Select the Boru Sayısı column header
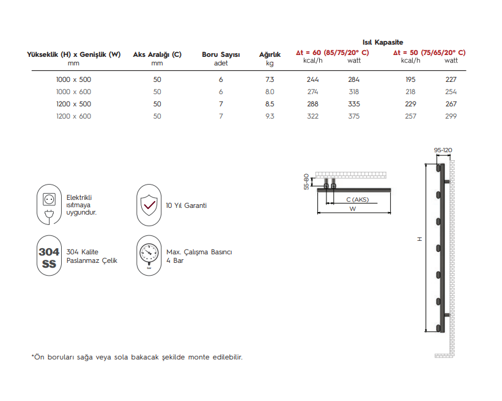click(221, 54)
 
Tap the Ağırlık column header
click(270, 54)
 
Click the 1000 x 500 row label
click(73, 79)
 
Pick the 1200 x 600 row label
click(73, 116)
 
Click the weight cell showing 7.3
click(270, 79)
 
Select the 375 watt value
click(353, 116)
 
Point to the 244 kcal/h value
click(312, 79)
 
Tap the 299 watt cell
click(451, 116)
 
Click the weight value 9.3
click(270, 116)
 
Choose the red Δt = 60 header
click(332, 53)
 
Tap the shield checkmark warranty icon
click(149, 205)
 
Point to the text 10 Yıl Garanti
click(186, 205)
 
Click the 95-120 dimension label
click(443, 150)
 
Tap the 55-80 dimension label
click(307, 182)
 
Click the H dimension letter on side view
click(419, 239)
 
